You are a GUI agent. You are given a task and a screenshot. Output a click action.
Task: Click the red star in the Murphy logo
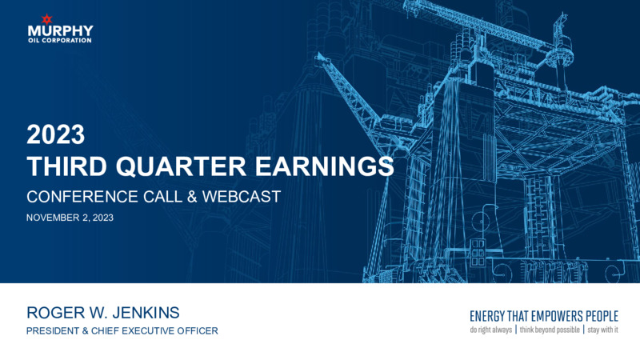pos(47,19)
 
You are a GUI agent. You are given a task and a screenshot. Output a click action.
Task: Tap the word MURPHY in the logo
pos(61,31)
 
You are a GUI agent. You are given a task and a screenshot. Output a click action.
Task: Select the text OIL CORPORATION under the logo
pos(60,41)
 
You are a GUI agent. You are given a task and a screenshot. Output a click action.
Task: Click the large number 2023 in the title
pos(55,134)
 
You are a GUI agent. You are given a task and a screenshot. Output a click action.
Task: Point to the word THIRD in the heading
pos(66,166)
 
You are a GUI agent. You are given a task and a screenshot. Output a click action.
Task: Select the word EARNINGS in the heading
pos(325,166)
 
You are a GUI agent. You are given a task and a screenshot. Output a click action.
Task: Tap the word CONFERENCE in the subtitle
pos(82,197)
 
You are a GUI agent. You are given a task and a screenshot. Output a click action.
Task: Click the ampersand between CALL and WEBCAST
pos(192,197)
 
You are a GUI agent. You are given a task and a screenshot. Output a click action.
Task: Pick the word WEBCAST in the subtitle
pos(242,197)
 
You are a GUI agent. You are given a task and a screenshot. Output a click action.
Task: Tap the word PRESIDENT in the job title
pos(53,330)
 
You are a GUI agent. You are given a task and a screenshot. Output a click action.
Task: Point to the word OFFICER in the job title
pos(198,330)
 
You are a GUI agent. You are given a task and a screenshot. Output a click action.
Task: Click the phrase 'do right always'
pos(490,330)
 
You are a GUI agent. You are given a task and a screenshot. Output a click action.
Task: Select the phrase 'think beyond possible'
pos(550,330)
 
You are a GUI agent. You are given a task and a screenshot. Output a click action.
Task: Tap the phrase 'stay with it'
pos(603,330)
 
